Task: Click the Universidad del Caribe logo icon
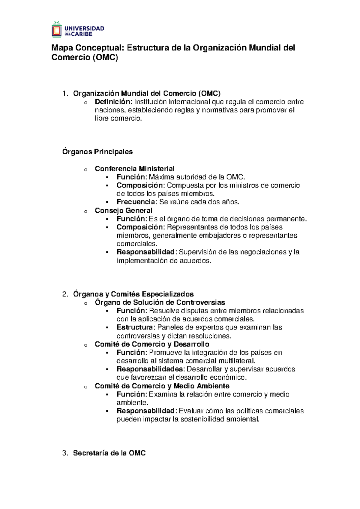57,29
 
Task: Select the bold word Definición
113,102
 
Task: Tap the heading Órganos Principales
97,152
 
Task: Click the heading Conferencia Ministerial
134,169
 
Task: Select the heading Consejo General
124,211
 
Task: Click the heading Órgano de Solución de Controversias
160,303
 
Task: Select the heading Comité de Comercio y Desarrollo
152,344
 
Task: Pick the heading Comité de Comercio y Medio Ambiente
162,386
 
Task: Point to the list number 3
65,453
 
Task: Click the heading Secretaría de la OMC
109,453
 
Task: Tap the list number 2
65,294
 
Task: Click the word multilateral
237,361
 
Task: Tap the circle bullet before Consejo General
86,212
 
